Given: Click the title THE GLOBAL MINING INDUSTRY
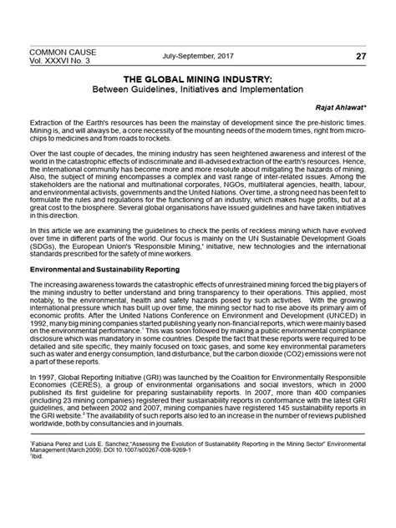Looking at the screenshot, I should click(198, 76).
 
